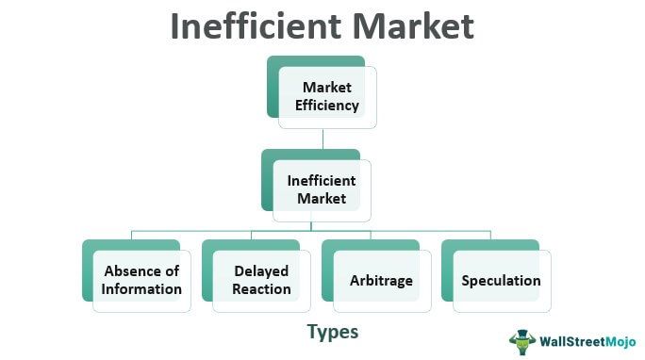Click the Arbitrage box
(x=381, y=280)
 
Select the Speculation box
(x=501, y=280)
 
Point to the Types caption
(x=332, y=332)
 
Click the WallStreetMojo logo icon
(x=521, y=339)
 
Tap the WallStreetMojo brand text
(x=585, y=340)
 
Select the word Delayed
(x=261, y=271)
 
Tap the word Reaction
(x=261, y=288)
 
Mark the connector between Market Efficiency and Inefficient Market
(x=322, y=139)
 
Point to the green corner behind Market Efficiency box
(x=275, y=66)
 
